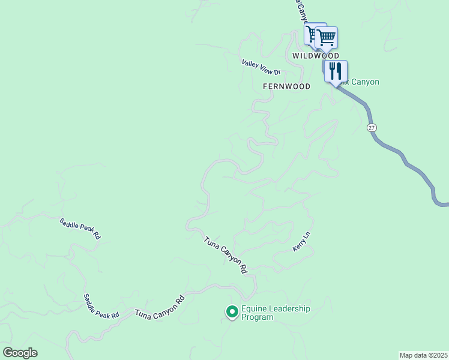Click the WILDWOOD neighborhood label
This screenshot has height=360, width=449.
[312, 55]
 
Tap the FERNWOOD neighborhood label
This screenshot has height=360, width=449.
[286, 86]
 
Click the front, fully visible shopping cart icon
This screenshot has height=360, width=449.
[326, 37]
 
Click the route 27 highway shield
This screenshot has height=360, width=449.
[372, 128]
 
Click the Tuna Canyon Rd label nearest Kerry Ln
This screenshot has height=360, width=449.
[226, 255]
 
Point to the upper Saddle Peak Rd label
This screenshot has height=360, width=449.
[80, 229]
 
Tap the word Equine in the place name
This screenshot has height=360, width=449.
[254, 309]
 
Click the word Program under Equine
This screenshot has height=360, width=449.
[257, 317]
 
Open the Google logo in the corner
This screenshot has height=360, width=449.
[20, 353]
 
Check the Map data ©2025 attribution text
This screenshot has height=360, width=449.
[424, 355]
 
